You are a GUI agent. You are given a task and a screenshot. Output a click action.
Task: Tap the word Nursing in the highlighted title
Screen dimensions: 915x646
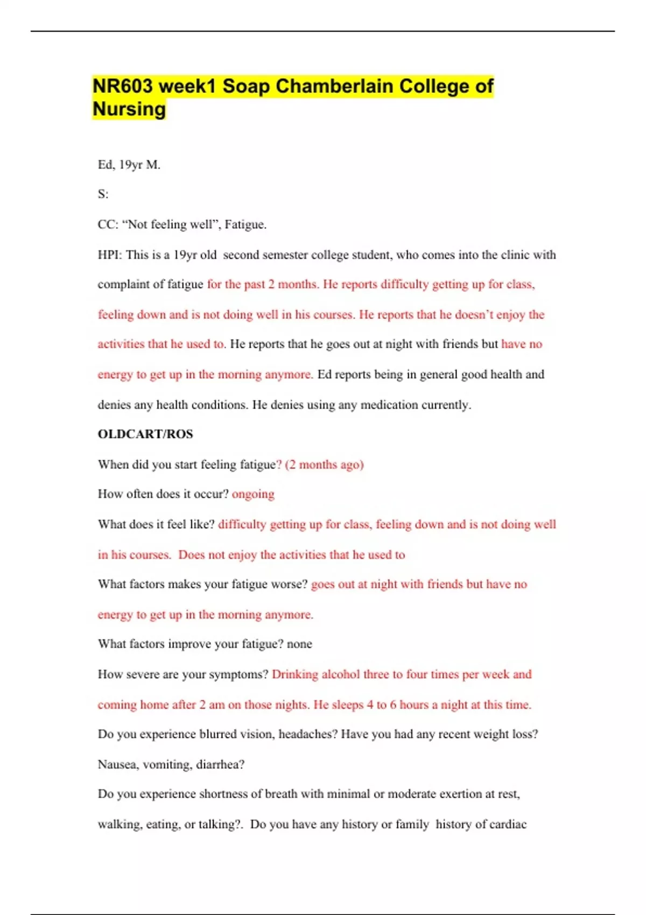(129, 109)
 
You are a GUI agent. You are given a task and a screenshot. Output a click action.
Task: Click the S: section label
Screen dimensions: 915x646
(103, 194)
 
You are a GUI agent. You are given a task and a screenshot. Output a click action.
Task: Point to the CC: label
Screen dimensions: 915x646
(108, 224)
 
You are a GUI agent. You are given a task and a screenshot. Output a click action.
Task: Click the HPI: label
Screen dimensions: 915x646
(110, 255)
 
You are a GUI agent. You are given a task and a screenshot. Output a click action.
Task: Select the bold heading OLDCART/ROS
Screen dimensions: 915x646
(145, 434)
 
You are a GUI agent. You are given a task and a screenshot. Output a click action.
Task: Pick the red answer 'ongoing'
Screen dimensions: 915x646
(253, 494)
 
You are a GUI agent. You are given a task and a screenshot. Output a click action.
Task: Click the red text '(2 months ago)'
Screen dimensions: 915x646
(325, 464)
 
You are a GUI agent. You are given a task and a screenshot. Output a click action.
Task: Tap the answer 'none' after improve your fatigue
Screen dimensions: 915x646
(299, 644)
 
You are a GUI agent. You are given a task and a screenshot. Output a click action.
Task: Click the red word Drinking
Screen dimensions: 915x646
(295, 674)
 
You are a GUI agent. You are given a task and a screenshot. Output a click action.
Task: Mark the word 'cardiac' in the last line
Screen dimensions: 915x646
(505, 824)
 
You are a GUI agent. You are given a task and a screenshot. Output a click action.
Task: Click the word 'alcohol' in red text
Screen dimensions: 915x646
(340, 674)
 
